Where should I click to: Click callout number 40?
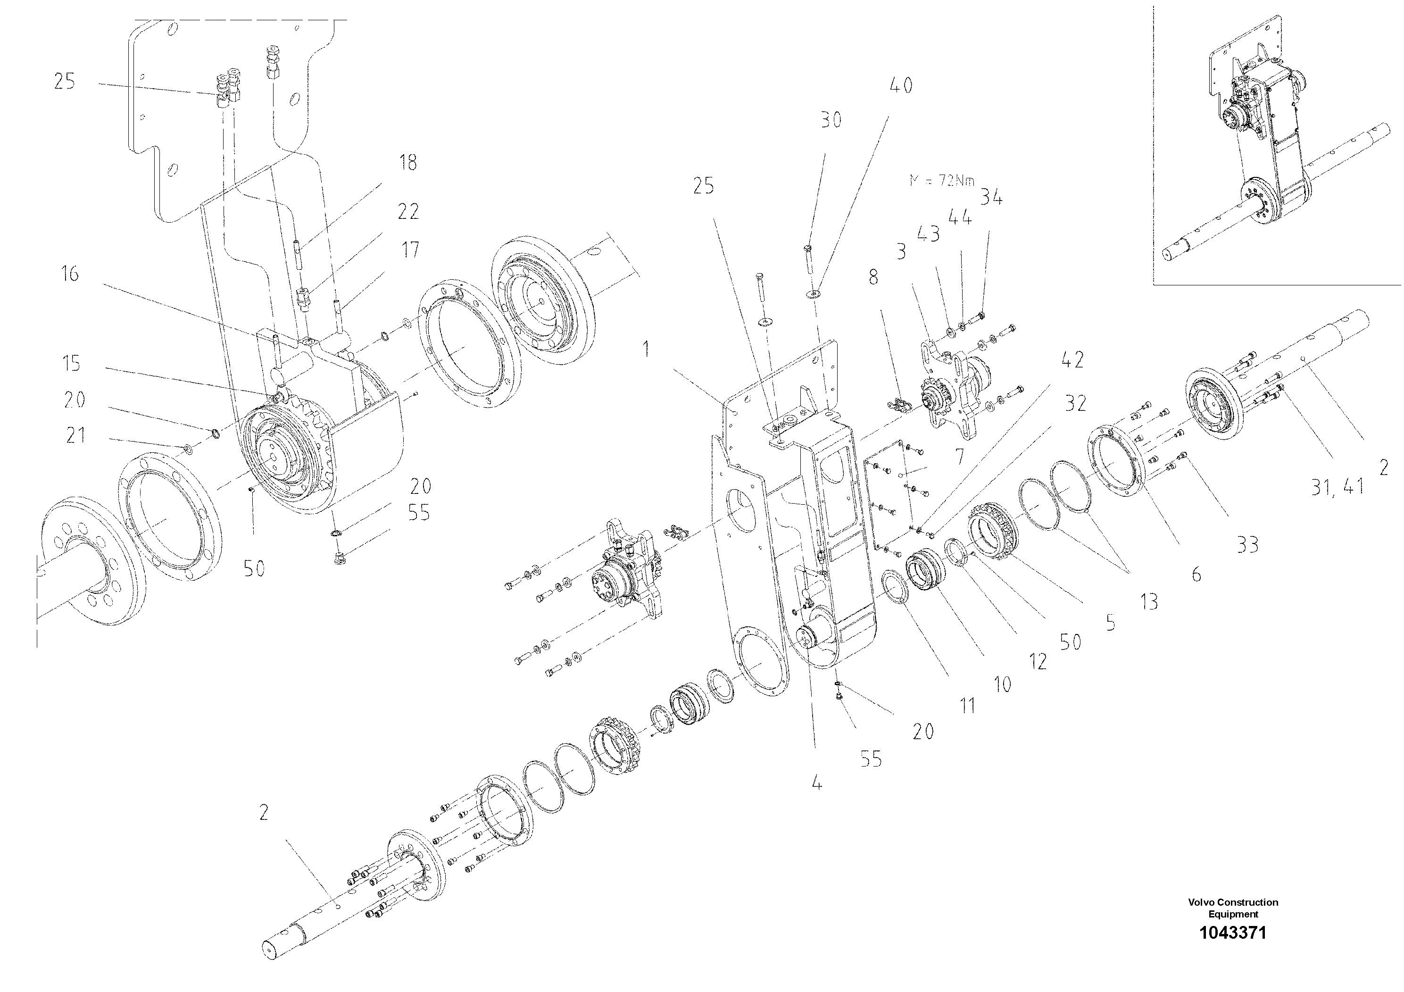point(900,86)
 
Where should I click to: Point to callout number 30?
point(831,120)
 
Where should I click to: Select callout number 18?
point(408,163)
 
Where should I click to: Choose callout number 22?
point(408,212)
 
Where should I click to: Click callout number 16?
point(70,274)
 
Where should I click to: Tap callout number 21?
point(76,436)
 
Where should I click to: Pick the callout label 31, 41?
point(1338,487)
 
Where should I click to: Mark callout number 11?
point(967,706)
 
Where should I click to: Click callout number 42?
point(1072,359)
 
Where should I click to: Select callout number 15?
point(72,363)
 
